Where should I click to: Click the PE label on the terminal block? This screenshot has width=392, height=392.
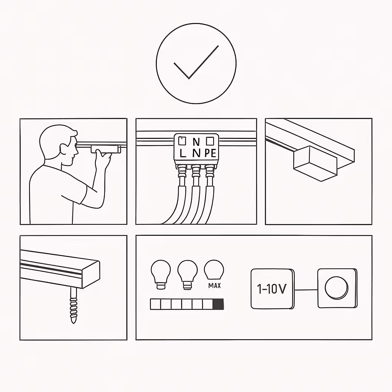point(211,153)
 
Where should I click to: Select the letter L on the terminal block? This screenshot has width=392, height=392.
point(183,153)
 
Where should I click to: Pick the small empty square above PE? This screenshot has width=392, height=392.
point(210,141)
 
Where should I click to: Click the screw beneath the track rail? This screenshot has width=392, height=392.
point(73,305)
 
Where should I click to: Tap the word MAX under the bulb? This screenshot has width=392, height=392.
point(214,286)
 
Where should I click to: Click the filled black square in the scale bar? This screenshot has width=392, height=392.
point(218,304)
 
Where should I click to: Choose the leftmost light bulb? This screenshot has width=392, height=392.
point(161,274)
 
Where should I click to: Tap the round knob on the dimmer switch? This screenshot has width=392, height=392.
point(336,288)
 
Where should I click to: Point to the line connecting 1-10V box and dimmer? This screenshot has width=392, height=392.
point(306,290)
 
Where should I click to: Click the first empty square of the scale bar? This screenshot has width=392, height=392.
point(155,304)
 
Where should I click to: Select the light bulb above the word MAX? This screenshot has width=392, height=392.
point(214,269)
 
